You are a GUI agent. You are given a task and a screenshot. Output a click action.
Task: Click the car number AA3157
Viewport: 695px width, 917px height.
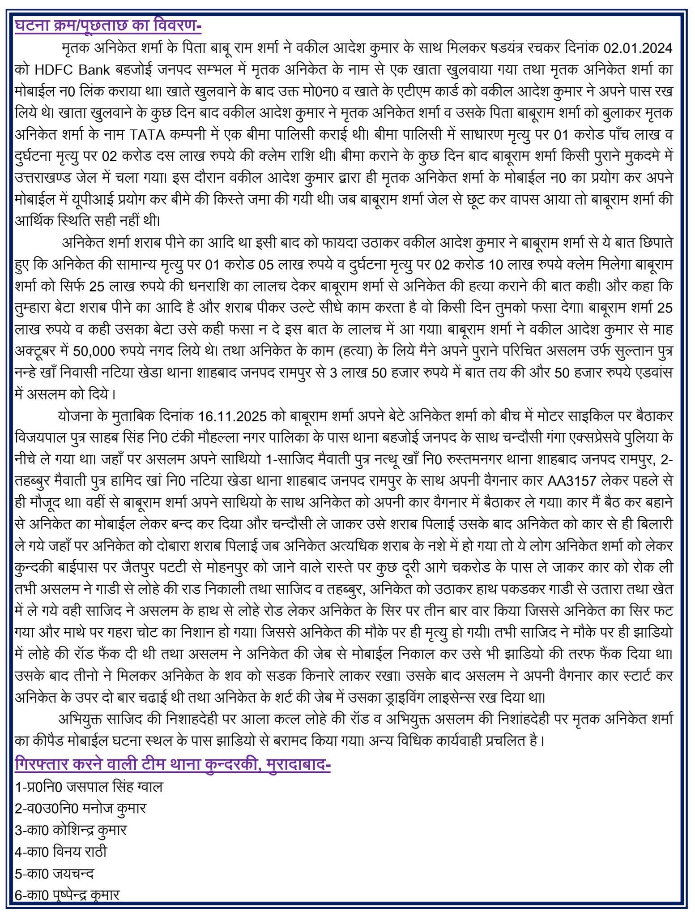click(571, 480)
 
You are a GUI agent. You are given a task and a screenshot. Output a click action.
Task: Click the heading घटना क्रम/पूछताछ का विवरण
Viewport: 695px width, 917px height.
click(108, 26)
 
